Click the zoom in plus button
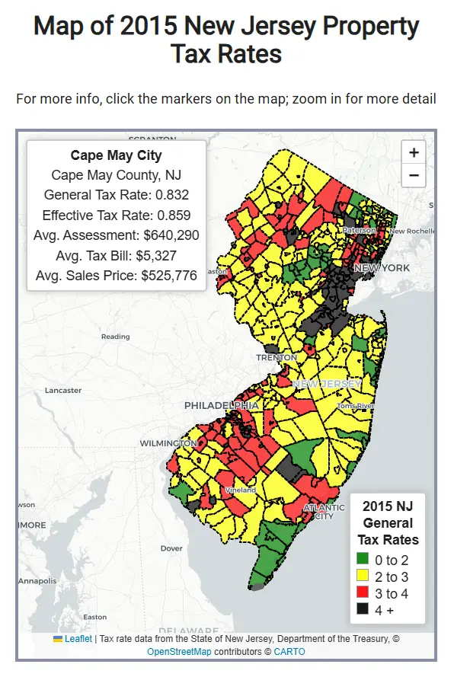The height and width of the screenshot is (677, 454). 413,152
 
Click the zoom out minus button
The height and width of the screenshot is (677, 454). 413,175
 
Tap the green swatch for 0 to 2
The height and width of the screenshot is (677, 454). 363,560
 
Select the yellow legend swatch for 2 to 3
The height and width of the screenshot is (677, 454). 363,576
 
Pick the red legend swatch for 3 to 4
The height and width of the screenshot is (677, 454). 363,593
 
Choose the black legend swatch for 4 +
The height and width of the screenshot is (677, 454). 363,610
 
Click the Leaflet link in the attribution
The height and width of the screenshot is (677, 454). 78,639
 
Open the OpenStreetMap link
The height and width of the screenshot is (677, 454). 179,652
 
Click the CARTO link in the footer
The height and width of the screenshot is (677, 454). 289,652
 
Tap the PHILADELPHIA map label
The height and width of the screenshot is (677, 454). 222,406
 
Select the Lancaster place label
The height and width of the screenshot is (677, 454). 63,390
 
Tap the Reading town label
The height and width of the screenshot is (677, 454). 115,336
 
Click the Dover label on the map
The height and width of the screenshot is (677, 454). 171,548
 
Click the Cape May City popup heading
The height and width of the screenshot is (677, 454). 116,155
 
